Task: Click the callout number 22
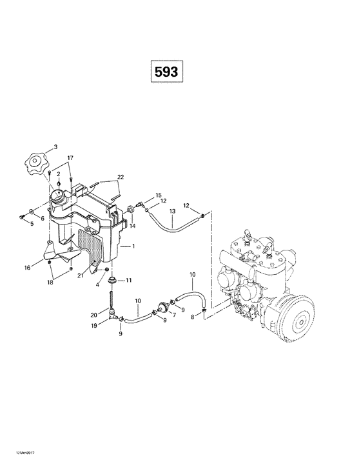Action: coord(120,177)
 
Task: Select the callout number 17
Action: coord(70,158)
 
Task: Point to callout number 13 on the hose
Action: coord(172,212)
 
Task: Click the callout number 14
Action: coord(133,226)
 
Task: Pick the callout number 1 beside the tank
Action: coord(133,246)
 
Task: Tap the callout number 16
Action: coord(27,266)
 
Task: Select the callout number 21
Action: coord(80,276)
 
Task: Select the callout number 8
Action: coord(191,317)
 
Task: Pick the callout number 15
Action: coord(159,194)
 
